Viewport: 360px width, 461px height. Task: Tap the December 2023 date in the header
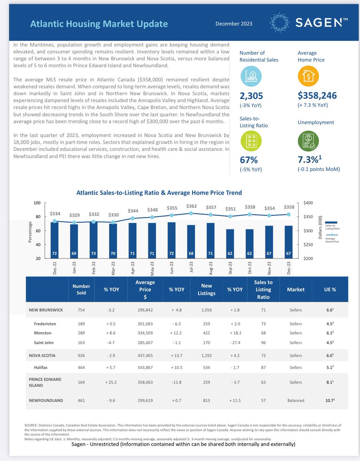coord(234,23)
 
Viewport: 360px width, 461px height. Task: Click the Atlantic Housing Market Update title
coord(99,24)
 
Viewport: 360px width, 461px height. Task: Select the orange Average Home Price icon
coord(308,76)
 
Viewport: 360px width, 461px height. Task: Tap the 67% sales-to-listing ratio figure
coord(249,159)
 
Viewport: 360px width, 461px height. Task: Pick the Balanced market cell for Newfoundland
coord(296,400)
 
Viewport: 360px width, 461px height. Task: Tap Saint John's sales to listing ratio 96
coord(263,342)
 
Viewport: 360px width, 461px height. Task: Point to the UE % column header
coord(329,289)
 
